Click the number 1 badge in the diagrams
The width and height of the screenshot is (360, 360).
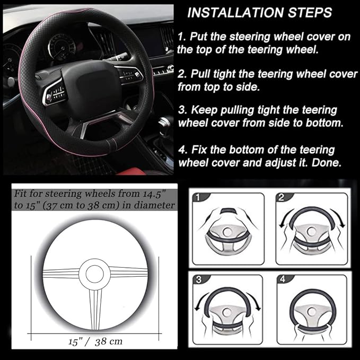coord(198,198)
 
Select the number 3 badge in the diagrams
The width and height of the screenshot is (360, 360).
coord(197,280)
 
